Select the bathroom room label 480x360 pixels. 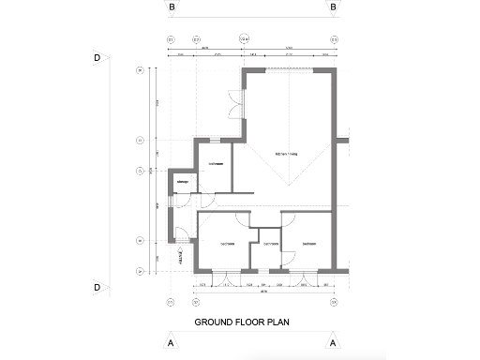[215, 162]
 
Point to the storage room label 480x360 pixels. [183, 181]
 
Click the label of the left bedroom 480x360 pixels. [227, 245]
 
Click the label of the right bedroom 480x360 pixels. [307, 245]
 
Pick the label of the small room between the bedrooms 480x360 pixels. [270, 245]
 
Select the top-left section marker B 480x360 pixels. [172, 7]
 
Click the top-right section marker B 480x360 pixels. [333, 7]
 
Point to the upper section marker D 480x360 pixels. [97, 57]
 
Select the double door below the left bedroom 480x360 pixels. [224, 277]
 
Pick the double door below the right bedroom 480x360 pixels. [305, 277]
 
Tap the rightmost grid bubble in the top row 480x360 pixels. [333, 40]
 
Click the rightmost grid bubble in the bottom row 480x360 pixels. [333, 303]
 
